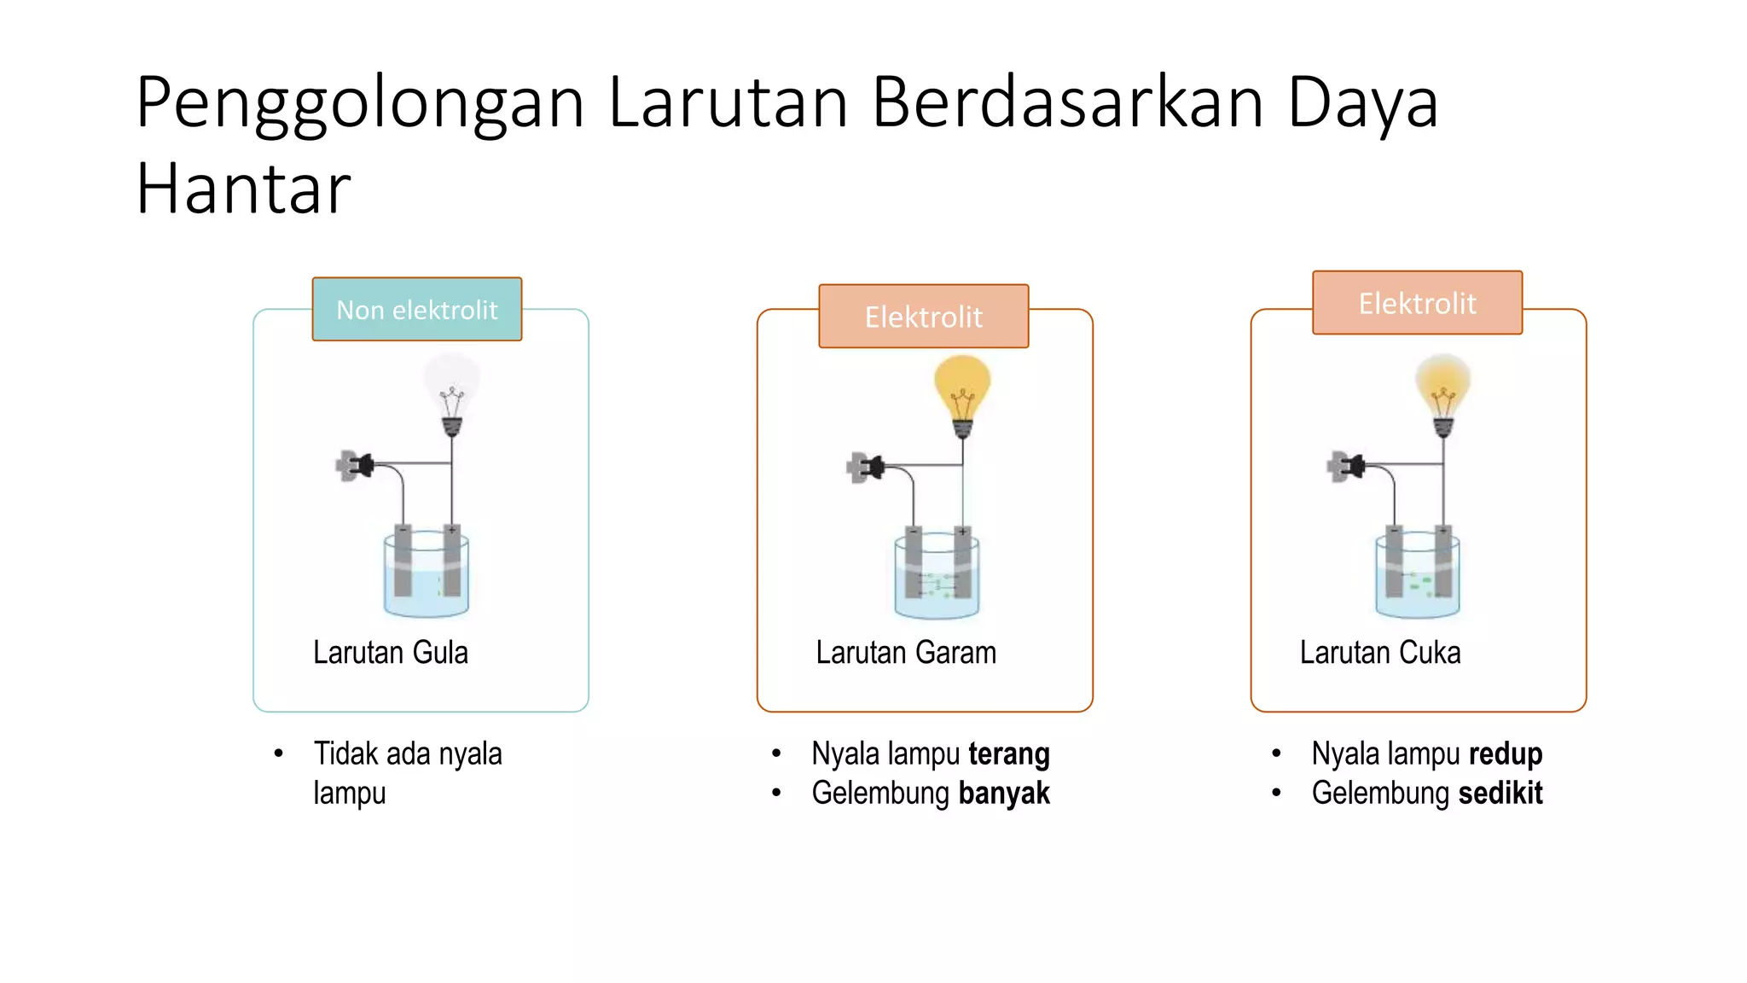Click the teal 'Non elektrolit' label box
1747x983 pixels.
tap(416, 309)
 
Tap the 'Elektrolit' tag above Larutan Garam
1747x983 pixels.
tap(923, 317)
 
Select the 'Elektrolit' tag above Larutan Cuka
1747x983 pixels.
tap(1417, 303)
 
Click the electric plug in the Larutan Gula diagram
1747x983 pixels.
tap(355, 466)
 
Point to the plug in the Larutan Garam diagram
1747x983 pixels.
tap(865, 468)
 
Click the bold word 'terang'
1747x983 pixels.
tap(1009, 754)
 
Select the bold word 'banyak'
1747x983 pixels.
tap(1004, 794)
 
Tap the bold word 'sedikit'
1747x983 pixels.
tap(1500, 794)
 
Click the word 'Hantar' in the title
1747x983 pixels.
tap(243, 189)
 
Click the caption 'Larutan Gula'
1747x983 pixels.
tap(391, 653)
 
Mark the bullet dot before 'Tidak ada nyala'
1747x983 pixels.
tap(278, 753)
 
